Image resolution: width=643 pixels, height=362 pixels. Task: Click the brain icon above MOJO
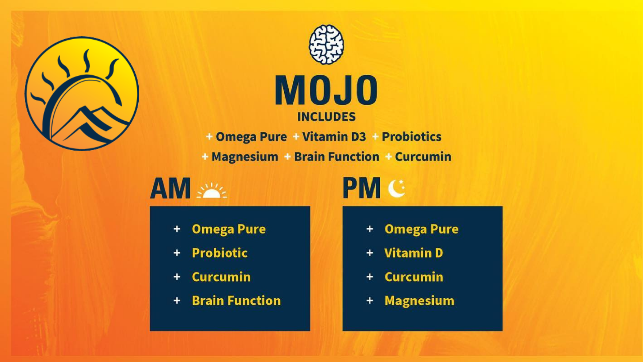click(326, 44)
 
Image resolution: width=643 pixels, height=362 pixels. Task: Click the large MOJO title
click(326, 90)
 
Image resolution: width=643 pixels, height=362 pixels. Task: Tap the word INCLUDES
click(327, 117)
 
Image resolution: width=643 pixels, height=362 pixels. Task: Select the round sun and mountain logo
click(82, 94)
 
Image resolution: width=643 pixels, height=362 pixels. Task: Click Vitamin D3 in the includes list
click(334, 137)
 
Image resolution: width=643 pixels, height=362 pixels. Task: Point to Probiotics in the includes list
click(412, 137)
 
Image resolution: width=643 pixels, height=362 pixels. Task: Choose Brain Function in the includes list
click(337, 157)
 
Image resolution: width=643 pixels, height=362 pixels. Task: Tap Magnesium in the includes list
click(245, 157)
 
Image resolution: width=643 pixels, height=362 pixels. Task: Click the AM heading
click(170, 188)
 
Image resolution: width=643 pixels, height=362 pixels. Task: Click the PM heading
click(362, 188)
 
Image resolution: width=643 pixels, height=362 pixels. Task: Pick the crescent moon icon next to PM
click(397, 188)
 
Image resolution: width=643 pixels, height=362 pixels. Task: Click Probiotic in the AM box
click(220, 253)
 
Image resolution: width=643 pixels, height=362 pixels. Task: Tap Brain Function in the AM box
click(236, 301)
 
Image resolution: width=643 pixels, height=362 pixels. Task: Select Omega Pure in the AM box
click(229, 229)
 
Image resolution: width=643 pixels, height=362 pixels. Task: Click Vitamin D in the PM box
click(414, 253)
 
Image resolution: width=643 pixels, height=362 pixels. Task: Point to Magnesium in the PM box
click(419, 301)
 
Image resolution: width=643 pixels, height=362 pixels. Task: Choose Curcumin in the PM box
click(414, 277)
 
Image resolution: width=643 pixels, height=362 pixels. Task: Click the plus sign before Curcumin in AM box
click(177, 277)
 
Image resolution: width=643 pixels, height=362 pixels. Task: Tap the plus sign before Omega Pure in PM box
click(370, 229)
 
